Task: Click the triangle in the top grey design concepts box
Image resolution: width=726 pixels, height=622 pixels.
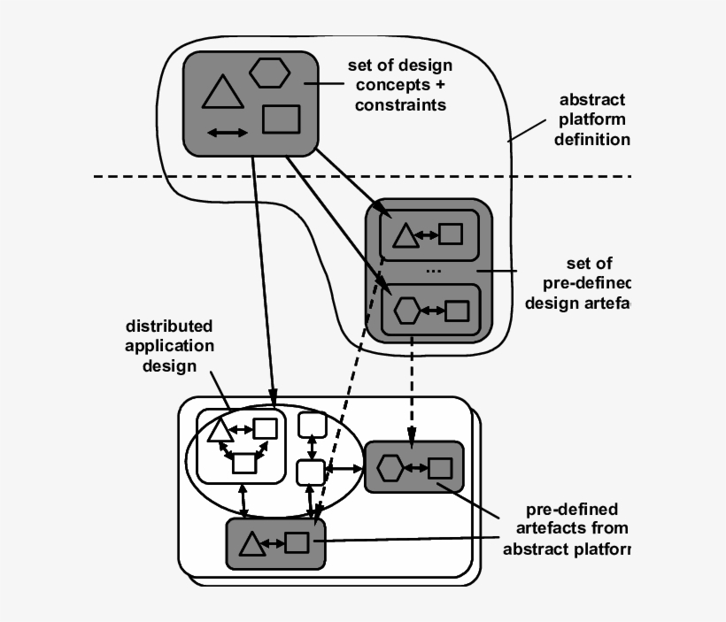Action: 222,93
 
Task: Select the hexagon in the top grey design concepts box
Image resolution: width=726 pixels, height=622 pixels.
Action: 268,73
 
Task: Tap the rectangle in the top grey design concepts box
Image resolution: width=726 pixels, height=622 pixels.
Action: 282,119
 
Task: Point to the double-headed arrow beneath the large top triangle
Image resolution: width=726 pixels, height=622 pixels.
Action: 228,133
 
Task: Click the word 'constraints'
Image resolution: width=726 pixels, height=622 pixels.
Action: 400,104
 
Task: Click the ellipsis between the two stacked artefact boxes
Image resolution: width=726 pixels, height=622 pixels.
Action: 433,270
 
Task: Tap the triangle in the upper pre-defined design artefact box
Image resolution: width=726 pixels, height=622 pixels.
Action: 405,235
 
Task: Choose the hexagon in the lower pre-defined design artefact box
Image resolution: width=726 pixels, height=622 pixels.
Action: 406,311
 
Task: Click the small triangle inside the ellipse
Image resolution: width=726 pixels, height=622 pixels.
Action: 220,430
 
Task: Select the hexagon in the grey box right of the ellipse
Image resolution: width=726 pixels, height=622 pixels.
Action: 391,467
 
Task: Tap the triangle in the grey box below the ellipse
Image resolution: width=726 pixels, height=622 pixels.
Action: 251,544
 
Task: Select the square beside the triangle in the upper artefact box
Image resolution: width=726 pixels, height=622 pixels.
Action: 451,234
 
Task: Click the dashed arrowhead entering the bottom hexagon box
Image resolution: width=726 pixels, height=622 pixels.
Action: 410,434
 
